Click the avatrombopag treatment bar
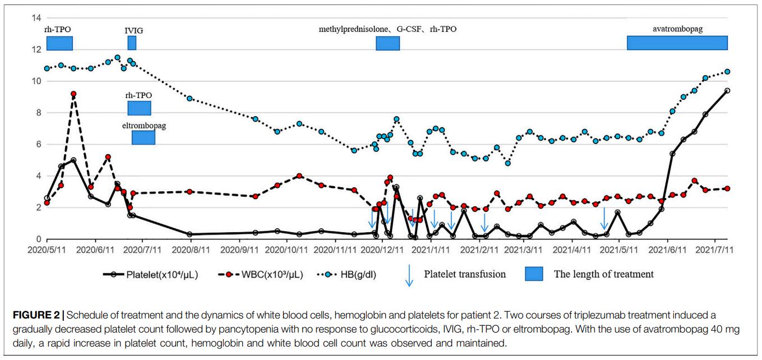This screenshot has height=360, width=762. [677, 43]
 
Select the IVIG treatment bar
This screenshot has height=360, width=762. [132, 43]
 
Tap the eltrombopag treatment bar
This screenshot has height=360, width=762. [144, 137]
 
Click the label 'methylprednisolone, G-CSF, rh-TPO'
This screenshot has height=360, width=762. [387, 29]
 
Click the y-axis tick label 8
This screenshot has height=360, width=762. [38, 113]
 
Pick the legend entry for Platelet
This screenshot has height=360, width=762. [162, 275]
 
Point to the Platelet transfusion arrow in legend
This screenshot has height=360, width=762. [409, 275]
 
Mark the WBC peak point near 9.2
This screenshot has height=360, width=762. [73, 94]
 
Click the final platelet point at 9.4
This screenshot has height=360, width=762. [727, 91]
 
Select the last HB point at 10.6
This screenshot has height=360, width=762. [727, 72]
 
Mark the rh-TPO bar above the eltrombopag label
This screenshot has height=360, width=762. [139, 108]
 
